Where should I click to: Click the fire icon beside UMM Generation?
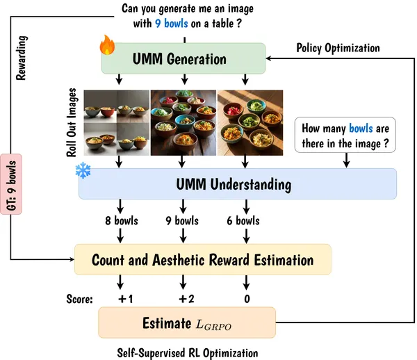[107, 44]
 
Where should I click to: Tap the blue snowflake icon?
[83, 170]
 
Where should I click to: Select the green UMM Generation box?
[183, 58]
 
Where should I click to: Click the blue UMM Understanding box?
[238, 183]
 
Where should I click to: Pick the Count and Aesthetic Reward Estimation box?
[203, 259]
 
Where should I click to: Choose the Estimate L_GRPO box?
[187, 322]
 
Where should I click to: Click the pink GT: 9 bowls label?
[11, 184]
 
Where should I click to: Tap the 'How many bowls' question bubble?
[345, 135]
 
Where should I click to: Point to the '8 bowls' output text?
[122, 221]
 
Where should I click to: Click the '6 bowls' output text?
[243, 221]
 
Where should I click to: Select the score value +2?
[186, 299]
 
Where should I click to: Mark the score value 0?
[247, 299]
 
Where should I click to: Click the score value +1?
[126, 299]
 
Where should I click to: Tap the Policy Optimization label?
[338, 48]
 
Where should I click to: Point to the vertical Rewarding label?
[22, 58]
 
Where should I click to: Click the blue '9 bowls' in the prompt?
[172, 24]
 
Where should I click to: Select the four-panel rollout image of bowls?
[117, 122]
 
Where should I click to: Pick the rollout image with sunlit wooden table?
[250, 122]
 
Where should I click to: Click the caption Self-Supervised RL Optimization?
[188, 353]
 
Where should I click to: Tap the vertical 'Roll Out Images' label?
[72, 122]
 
